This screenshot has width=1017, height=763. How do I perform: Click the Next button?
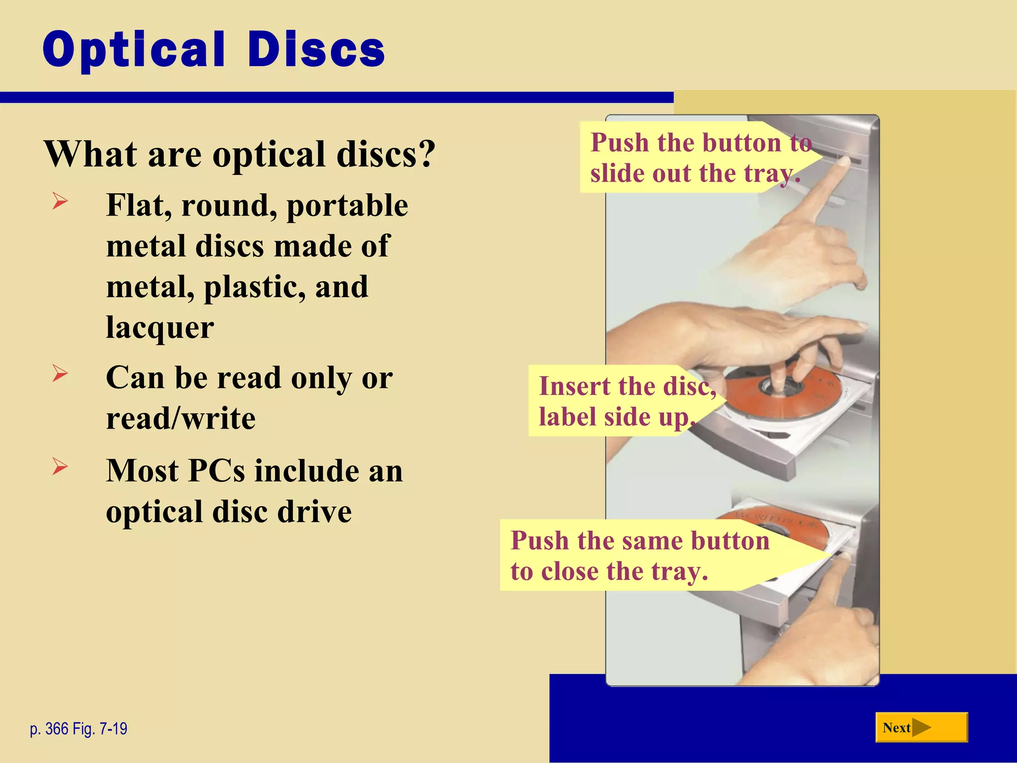921,727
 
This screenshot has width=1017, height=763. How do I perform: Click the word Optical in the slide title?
134,50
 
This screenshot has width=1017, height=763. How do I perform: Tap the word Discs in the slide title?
316,50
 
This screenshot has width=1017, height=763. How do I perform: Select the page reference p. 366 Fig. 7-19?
78,729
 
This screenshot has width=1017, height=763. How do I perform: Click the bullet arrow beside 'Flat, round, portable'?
60,201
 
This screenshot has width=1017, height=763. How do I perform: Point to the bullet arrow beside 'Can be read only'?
60,373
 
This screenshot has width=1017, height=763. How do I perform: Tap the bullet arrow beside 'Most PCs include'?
60,466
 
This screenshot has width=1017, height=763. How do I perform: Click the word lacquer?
160,328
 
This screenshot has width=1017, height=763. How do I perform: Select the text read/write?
181,418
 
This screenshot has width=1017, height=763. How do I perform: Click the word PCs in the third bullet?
217,470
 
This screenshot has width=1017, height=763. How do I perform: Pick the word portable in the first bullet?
347,206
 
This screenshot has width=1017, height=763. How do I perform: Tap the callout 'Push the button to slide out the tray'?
695,157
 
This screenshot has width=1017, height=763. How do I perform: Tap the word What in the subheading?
89,154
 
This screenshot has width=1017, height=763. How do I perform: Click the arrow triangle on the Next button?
922,728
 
